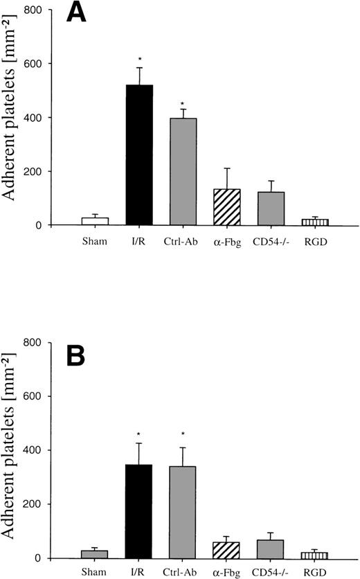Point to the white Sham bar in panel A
coord(100,221)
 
